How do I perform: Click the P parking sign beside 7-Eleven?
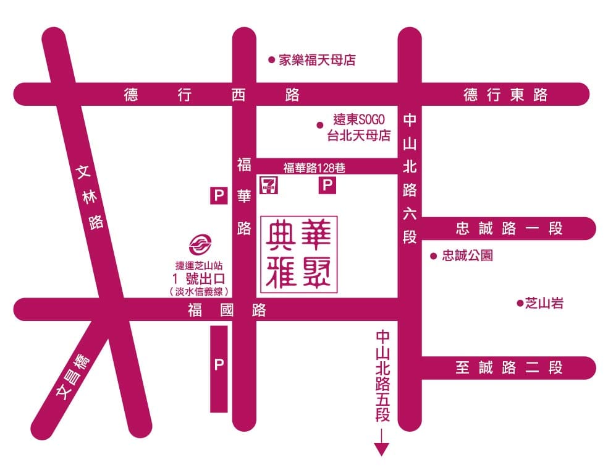[327, 185]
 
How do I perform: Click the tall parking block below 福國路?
[219, 369]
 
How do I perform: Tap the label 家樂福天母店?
[317, 60]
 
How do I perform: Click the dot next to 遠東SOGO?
[319, 125]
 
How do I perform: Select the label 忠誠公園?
[467, 255]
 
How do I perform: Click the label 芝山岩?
[544, 303]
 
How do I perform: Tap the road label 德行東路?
[505, 95]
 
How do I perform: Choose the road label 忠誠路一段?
[509, 228]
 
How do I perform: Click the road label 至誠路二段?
[509, 367]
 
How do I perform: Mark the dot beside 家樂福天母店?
[271, 60]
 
